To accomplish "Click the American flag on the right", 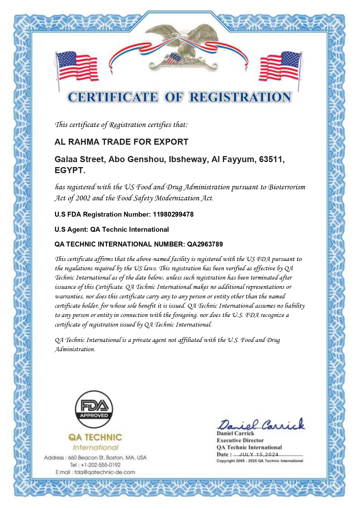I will click(x=281, y=66).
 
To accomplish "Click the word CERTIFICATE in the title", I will click(x=113, y=97).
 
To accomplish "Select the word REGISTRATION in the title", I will click(x=240, y=97).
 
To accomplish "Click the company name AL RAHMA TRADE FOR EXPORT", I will click(x=121, y=142).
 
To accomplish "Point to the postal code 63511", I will click(x=271, y=159).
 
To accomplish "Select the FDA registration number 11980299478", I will click(x=173, y=214).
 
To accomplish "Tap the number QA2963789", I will click(x=205, y=244).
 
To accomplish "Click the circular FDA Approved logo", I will click(x=94, y=409).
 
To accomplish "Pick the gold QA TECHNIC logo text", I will click(x=95, y=437).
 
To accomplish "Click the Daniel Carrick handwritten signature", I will click(x=260, y=425).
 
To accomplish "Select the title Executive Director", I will click(x=240, y=440).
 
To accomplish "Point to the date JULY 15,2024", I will click(x=259, y=454).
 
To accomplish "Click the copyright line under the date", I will click(x=260, y=461).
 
